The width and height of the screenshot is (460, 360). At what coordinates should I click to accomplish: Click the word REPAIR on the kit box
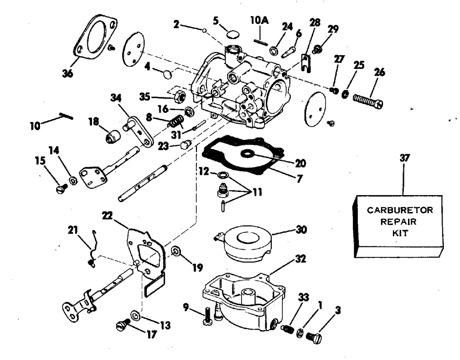[x=398, y=221]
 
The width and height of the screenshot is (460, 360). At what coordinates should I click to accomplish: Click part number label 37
[x=404, y=158]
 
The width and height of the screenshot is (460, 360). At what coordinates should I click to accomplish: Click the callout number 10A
[x=259, y=21]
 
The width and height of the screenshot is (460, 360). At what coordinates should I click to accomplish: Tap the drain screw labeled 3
[x=314, y=337]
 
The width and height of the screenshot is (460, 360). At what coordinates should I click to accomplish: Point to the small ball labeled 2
[x=204, y=29]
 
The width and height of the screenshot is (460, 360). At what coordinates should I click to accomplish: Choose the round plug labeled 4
[x=168, y=74]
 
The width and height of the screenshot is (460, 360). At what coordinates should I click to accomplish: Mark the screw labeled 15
[x=61, y=188]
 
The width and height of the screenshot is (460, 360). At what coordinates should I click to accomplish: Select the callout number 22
[x=107, y=215]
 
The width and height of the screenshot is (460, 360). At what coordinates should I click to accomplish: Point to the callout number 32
[x=300, y=259]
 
